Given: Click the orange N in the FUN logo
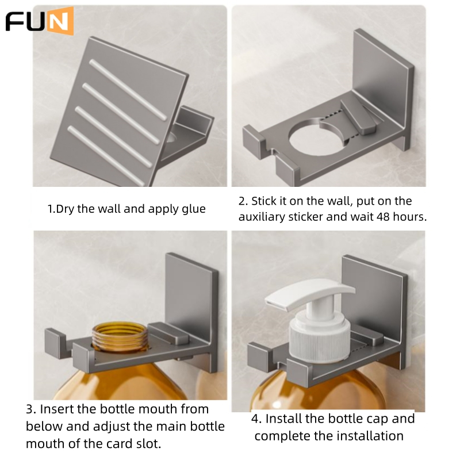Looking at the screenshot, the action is point(60,21).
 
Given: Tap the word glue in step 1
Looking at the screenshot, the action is point(194,209).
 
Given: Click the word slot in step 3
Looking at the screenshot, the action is point(149,443).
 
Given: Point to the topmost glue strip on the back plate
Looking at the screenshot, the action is point(128,90).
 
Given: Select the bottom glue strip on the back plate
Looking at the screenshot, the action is point(106,156).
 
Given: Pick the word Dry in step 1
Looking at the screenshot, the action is point(65,209).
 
